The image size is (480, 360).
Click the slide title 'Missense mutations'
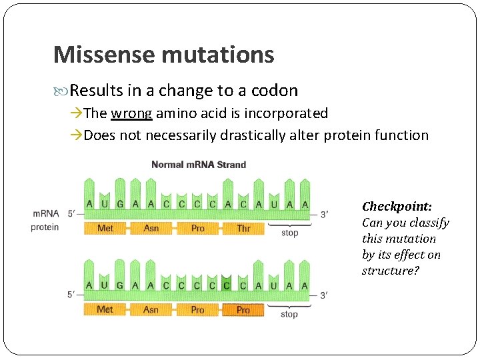pos(163,55)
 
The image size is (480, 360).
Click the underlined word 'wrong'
pos(132,113)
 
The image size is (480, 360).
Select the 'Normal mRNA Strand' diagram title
pos(199,165)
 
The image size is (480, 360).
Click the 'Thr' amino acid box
pos(243,229)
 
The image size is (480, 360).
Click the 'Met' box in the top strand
pos(105,229)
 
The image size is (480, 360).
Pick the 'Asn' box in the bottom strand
pos(151,310)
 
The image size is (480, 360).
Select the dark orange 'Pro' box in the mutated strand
pos(243,310)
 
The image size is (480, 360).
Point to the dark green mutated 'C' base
pos(227,285)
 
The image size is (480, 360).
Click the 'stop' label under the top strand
pos(289,233)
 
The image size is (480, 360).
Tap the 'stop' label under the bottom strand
pos(289,314)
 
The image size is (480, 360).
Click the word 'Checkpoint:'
pos(397,207)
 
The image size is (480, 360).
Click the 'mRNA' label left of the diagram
pos(45,214)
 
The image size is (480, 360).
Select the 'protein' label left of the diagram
pos(45,227)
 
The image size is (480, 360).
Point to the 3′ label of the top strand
pos(324,214)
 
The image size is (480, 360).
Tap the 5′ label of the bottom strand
pos(71,295)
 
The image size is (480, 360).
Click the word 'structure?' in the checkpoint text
pos(388,271)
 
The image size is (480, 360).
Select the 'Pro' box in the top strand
pos(197,229)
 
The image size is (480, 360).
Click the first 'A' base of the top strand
pos(89,204)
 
